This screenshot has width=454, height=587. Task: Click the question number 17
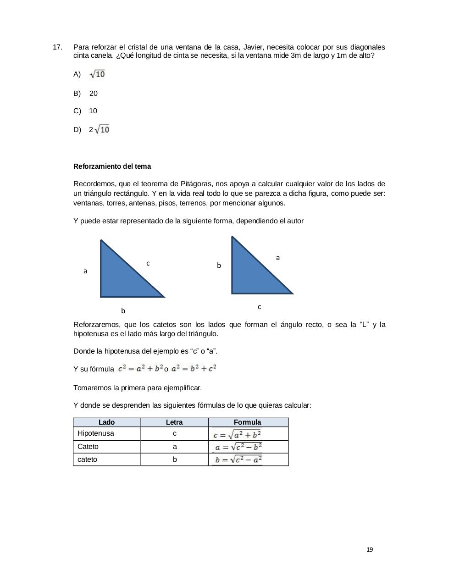click(57, 47)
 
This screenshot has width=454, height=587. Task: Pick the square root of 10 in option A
click(97, 74)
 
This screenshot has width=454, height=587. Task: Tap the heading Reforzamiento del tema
click(112, 166)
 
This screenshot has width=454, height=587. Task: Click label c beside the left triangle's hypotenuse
click(148, 263)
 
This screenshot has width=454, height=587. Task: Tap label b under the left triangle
click(123, 311)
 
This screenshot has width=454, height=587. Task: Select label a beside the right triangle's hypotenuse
click(278, 258)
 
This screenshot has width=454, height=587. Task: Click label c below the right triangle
click(259, 307)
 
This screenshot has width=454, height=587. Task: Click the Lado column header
click(107, 422)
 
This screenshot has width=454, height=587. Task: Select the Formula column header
click(248, 422)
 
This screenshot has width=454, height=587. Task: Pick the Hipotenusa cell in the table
click(96, 433)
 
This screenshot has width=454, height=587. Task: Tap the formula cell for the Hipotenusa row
click(237, 434)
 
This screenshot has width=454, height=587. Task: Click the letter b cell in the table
click(175, 460)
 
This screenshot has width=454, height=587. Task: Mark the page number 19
click(370, 550)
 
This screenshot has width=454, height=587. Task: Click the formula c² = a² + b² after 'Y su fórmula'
click(141, 368)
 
